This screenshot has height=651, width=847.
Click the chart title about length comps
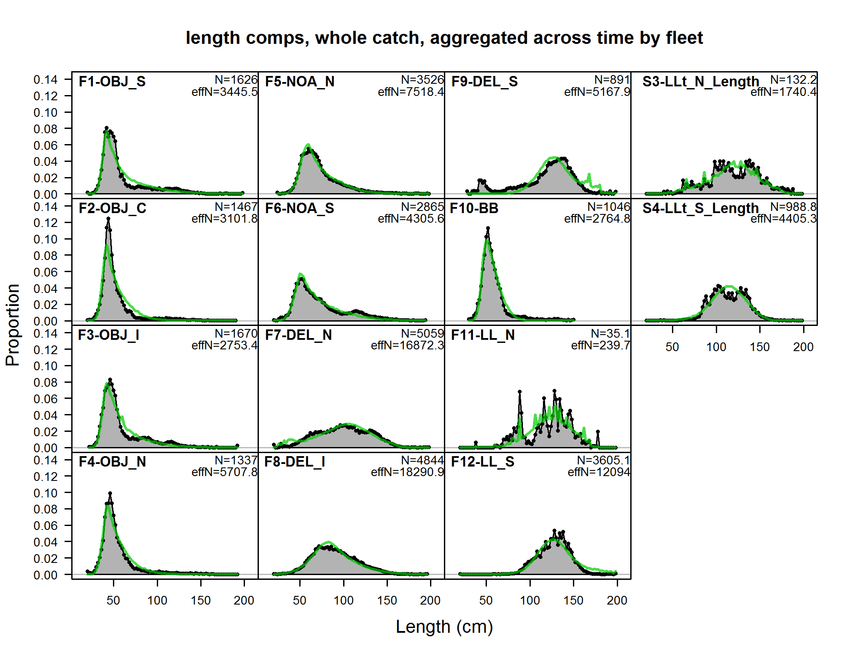(x=444, y=38)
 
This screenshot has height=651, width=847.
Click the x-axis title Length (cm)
(x=444, y=627)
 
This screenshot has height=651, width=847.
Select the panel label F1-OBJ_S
(x=112, y=82)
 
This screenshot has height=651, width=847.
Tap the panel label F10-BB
(x=474, y=208)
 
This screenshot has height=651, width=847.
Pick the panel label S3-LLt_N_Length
(x=700, y=82)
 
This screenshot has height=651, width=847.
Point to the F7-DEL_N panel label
(x=298, y=335)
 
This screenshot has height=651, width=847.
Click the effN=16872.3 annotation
(x=407, y=345)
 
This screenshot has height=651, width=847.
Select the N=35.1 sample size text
(x=610, y=333)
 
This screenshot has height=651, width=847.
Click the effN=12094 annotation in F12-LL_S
(x=599, y=472)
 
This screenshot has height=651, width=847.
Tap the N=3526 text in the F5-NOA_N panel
(x=422, y=80)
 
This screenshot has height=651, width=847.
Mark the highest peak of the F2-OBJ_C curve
(x=108, y=219)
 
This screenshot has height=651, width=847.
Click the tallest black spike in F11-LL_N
(x=554, y=391)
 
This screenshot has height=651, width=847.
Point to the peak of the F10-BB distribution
(x=488, y=228)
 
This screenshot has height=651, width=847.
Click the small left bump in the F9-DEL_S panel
(x=481, y=181)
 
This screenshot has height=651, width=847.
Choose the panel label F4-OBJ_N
(x=112, y=462)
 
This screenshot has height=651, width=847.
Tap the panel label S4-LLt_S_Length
(x=700, y=208)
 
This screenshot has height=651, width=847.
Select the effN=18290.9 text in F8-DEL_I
(x=407, y=472)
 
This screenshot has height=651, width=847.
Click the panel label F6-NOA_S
(x=299, y=208)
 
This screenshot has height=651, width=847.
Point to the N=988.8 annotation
(x=793, y=207)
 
